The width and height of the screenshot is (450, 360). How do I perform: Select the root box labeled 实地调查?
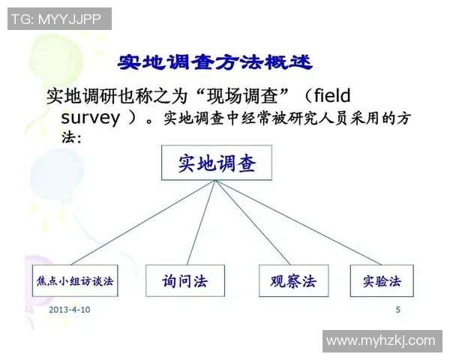point(216,163)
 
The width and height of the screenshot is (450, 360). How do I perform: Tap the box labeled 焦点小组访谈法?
point(73,281)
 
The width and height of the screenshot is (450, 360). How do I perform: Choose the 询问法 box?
point(184,281)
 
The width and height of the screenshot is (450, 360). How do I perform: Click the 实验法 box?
point(382,281)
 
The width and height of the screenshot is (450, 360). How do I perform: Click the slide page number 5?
point(397,310)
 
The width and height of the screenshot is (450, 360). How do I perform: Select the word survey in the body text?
point(89,118)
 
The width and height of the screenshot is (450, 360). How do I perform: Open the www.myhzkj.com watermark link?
point(381,340)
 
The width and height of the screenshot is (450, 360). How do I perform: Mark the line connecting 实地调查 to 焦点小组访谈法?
point(142,223)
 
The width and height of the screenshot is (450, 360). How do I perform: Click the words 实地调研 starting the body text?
point(75,97)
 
